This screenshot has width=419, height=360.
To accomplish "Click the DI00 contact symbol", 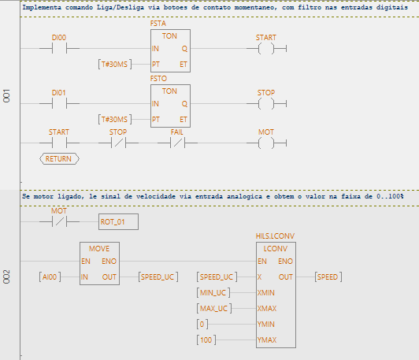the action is point(59,49).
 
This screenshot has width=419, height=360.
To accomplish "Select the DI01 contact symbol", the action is point(59,104).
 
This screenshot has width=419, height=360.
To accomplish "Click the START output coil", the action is point(266,49).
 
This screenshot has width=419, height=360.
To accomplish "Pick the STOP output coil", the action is point(266,104).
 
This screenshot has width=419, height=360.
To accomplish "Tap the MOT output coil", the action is point(266,143).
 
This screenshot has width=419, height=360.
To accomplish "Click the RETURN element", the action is point(59,159).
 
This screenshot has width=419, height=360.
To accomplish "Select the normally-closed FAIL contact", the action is point(177,143).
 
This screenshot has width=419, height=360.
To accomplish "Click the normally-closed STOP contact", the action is point(118,143).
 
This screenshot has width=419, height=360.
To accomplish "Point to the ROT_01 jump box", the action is point(118,221).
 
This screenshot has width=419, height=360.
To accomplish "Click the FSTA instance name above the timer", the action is point(158,24).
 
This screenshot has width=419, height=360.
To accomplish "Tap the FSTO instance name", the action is point(158,79).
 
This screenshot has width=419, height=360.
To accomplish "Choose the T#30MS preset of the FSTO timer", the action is point(115,119).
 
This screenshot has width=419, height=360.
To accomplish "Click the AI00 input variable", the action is point(50,276).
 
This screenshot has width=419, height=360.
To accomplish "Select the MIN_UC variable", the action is point(213,293).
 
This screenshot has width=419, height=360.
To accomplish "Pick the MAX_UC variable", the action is point(214,309).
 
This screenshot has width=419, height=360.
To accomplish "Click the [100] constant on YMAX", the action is point(206,340).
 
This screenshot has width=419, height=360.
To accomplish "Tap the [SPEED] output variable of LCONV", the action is point(328,276).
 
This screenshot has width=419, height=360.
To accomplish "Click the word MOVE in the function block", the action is point(99,249).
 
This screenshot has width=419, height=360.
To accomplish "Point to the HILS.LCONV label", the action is point(275,236).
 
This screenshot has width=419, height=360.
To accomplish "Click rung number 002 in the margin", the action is point(6,276).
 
